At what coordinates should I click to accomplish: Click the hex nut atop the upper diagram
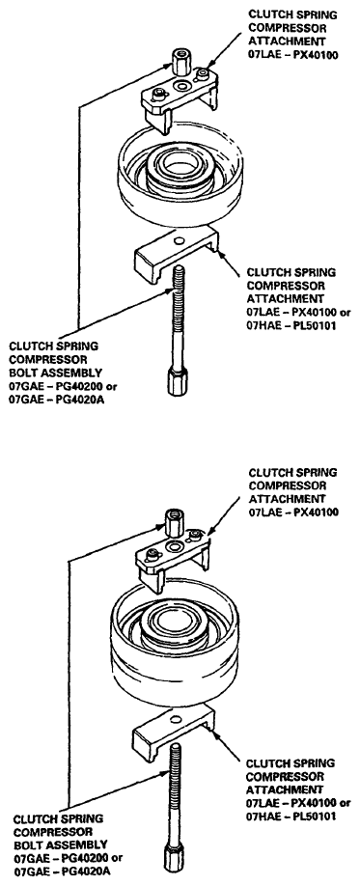[180, 63]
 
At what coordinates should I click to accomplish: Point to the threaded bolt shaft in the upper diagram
[176, 317]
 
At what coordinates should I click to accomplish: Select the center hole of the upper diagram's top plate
[182, 86]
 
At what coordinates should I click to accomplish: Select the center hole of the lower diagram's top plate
[174, 546]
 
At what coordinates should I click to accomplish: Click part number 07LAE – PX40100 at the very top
[293, 55]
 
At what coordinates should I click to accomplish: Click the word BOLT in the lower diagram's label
[27, 844]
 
